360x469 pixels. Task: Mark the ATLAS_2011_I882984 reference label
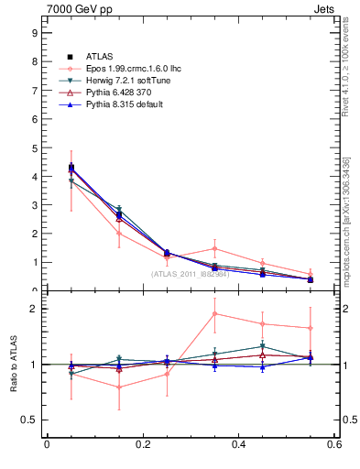click(x=191, y=273)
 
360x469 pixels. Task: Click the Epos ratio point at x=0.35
click(x=214, y=313)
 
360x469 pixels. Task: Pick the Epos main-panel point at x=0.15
click(x=118, y=233)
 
